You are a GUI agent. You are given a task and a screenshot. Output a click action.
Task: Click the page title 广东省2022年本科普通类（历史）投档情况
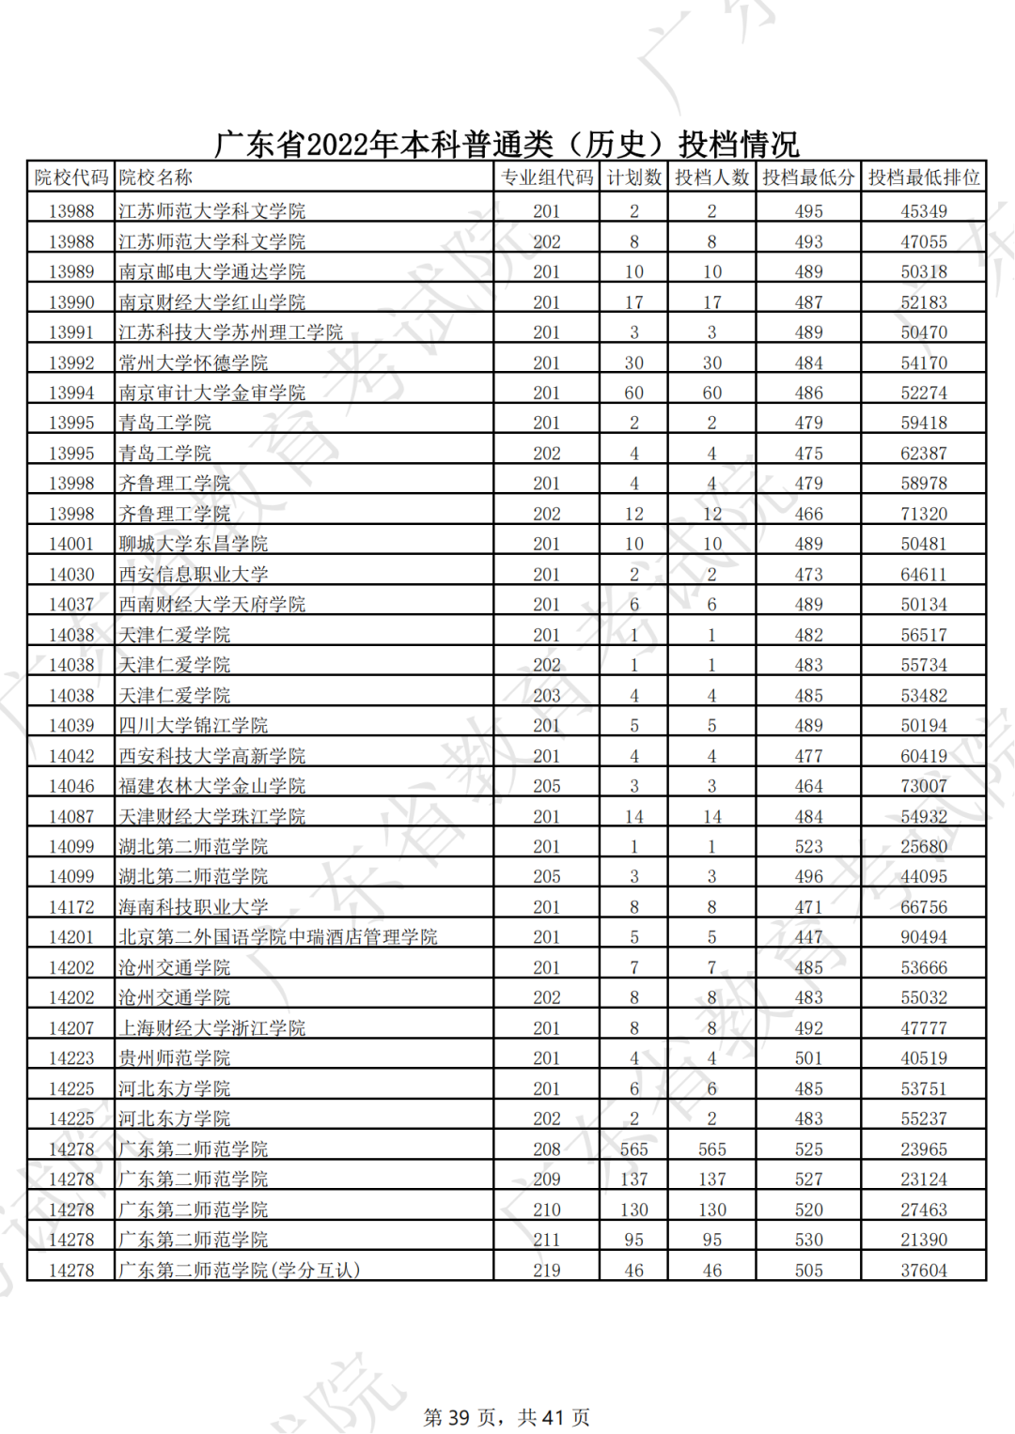[x=507, y=144]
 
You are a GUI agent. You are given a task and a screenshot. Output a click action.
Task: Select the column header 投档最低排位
[x=923, y=177]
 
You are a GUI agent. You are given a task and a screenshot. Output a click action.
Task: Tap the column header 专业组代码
[x=546, y=177]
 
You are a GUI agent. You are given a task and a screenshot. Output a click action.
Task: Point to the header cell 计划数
[x=633, y=177]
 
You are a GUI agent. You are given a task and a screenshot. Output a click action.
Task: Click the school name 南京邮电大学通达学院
[x=211, y=271]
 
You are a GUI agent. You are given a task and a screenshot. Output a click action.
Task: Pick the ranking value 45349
[x=923, y=211]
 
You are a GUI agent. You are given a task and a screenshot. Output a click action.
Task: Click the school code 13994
[x=71, y=393]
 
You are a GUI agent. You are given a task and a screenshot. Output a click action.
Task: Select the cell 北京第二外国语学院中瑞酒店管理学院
[x=277, y=937]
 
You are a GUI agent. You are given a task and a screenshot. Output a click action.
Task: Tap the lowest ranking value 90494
[x=923, y=937]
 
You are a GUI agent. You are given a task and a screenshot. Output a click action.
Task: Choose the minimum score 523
[x=808, y=846]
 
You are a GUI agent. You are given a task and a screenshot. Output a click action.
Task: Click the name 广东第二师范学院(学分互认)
[x=239, y=1270]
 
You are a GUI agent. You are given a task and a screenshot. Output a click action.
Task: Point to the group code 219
[x=546, y=1270]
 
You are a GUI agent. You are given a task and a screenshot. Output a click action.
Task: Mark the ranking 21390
[x=923, y=1240]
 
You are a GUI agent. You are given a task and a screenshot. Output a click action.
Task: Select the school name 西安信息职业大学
[x=193, y=574]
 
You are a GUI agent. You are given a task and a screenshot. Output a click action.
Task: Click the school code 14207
[x=71, y=1027]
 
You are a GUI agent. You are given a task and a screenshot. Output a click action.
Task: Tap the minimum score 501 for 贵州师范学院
[x=808, y=1058]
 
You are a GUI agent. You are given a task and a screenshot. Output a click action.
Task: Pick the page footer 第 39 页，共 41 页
[x=507, y=1417]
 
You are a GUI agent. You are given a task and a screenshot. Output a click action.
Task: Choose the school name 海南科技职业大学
[x=193, y=907]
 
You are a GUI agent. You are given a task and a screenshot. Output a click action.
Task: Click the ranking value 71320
[x=923, y=514]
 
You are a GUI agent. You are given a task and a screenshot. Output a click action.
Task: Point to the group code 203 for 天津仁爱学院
[x=546, y=695]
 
